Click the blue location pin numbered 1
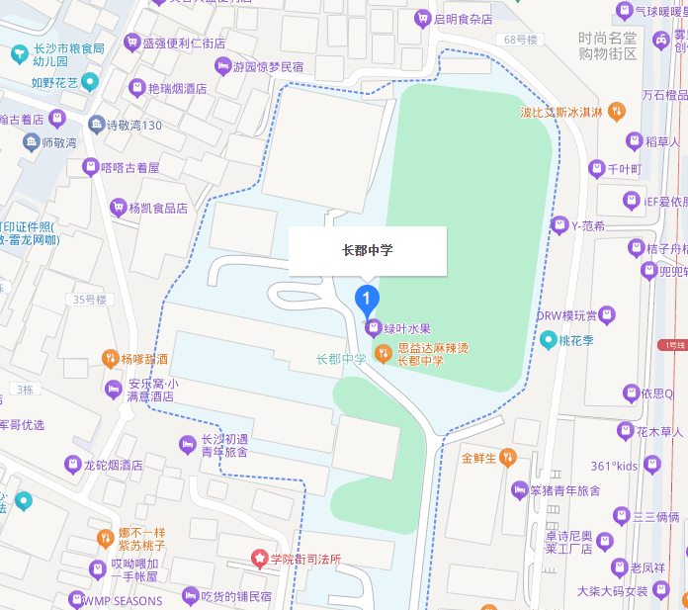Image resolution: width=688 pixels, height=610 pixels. tap(367, 298)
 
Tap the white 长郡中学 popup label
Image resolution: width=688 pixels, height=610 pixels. tap(367, 250)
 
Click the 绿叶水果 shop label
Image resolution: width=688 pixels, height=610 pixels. tap(406, 328)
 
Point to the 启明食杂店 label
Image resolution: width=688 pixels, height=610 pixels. tap(464, 19)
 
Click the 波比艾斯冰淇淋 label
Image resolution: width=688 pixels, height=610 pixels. tap(561, 112)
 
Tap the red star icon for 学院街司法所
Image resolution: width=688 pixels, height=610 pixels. tap(261, 559)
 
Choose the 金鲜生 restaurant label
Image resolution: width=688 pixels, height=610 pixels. tap(480, 458)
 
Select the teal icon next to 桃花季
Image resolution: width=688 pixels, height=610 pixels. tap(549, 340)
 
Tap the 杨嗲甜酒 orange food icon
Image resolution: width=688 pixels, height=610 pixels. tap(110, 359)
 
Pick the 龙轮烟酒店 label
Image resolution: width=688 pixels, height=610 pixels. tap(113, 464)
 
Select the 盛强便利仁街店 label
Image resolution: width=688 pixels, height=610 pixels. tap(184, 44)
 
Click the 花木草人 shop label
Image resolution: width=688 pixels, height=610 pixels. tap(659, 431)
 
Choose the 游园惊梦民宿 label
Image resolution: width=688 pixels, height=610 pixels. tap(267, 67)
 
